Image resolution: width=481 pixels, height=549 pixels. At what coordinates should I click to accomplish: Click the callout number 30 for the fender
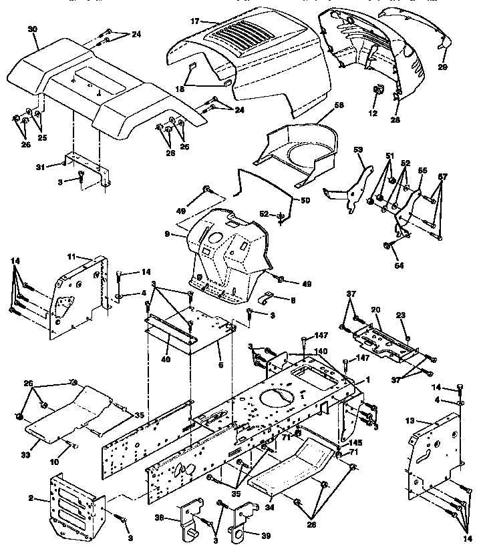pyautogui.click(x=33, y=29)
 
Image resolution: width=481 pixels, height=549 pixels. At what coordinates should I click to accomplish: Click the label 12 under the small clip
pyautogui.click(x=373, y=114)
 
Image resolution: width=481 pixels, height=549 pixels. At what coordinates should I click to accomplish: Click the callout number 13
pyautogui.click(x=410, y=420)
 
